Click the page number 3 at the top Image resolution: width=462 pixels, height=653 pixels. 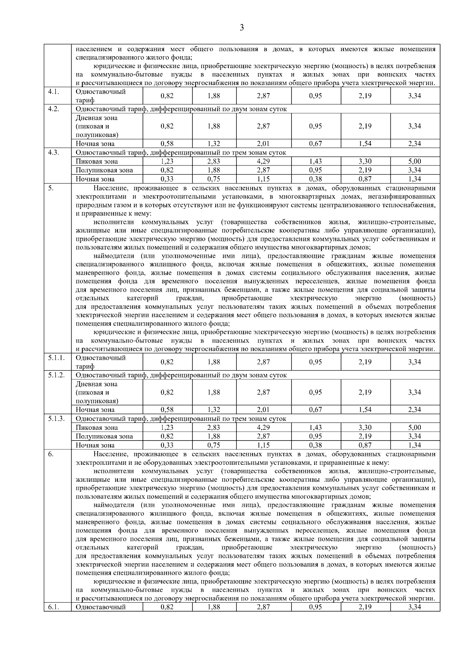point(242,28)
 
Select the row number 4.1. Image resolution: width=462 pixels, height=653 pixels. point(54,92)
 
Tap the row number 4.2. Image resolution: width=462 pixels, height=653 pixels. point(54,109)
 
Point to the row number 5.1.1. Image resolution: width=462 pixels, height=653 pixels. point(56,358)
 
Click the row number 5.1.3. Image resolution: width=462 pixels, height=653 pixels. point(56,419)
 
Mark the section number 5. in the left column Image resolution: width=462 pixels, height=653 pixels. point(50,188)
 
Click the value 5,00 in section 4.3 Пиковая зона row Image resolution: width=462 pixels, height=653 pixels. point(415,162)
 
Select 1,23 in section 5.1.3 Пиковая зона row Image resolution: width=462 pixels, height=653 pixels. point(167,428)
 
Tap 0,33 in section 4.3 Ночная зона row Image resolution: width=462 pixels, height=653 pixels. point(167,179)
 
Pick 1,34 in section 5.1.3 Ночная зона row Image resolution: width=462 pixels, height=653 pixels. point(415,445)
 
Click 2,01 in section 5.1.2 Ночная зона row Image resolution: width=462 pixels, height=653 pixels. point(263,410)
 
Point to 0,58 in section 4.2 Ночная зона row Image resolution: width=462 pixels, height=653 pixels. point(167,144)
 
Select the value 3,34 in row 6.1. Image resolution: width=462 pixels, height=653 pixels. point(415,607)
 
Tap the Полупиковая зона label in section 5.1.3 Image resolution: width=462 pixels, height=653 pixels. point(104,436)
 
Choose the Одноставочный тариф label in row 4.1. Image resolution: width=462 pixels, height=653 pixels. point(101,96)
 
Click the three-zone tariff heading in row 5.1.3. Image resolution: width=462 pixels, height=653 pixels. point(181,419)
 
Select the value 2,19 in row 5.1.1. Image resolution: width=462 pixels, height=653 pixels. point(365,362)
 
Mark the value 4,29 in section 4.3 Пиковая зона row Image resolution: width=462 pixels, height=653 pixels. point(263,162)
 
